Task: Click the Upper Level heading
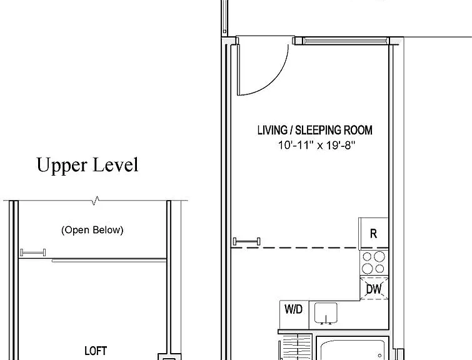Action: click(x=88, y=165)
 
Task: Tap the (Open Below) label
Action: click(x=92, y=230)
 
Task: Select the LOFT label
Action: click(x=96, y=351)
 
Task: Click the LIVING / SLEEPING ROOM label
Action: click(x=315, y=130)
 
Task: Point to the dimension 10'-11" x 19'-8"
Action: click(x=316, y=145)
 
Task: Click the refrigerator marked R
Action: click(x=373, y=233)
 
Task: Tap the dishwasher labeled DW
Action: click(x=374, y=288)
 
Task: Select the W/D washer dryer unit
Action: click(x=294, y=314)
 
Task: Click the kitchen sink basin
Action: click(x=326, y=313)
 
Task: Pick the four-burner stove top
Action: click(x=374, y=262)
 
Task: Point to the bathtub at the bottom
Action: click(x=352, y=350)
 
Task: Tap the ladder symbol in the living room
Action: click(x=247, y=241)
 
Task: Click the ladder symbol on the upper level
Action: click(x=33, y=252)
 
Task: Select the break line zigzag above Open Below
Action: click(x=96, y=201)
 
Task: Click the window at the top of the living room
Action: click(x=344, y=41)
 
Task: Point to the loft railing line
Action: click(x=109, y=261)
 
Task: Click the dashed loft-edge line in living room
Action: click(x=309, y=248)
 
